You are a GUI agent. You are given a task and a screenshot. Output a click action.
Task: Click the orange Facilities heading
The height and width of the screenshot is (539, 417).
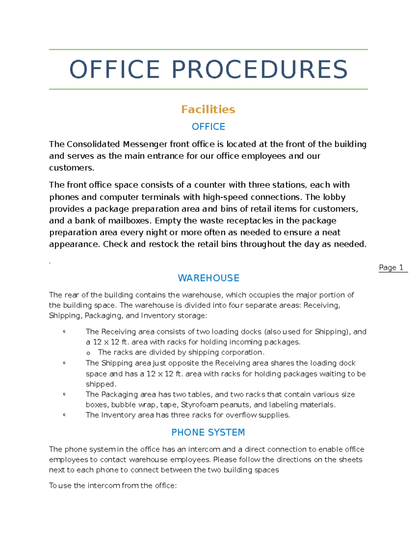coord(208,109)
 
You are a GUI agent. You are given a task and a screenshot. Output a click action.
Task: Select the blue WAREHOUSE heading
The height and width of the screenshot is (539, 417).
coord(208,278)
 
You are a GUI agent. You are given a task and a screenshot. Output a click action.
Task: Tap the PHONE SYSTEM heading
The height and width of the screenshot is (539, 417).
coord(208,432)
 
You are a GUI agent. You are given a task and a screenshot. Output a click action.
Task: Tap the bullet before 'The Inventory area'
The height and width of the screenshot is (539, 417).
coord(64,415)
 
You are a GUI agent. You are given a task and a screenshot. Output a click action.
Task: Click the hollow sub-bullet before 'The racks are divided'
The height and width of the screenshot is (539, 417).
coord(88,353)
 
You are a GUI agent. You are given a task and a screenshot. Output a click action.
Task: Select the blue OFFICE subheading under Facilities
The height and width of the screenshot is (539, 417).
coord(208,127)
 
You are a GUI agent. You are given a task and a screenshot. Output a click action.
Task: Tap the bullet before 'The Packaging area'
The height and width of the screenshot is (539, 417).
coord(64,394)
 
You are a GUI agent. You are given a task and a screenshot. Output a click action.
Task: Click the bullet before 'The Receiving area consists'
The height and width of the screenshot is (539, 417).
coord(64,331)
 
